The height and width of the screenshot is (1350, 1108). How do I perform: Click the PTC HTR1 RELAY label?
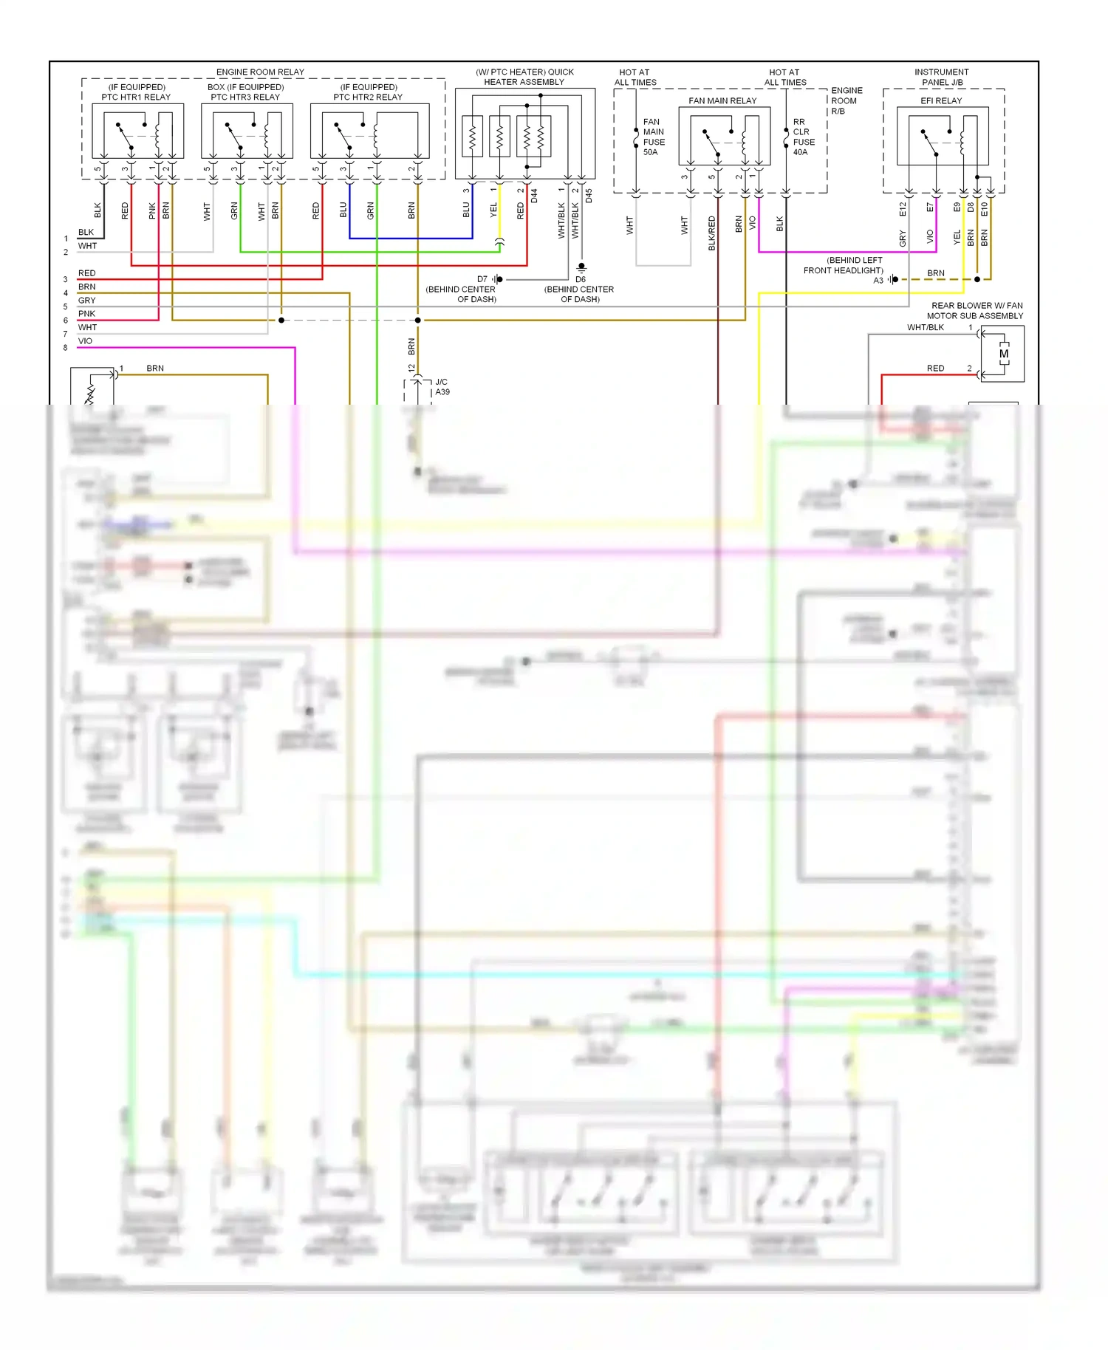tap(136, 97)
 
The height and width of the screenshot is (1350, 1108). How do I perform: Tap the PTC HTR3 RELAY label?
tap(245, 97)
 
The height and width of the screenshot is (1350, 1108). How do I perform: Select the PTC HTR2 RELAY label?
tap(368, 97)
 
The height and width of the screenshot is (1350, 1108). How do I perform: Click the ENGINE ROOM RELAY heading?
tap(260, 72)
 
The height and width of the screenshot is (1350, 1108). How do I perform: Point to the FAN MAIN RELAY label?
tap(722, 100)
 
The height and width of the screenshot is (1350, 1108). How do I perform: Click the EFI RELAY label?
tap(941, 100)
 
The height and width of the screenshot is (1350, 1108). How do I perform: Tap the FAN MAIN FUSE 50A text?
tap(653, 137)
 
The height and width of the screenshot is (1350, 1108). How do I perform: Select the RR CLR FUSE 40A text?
tap(803, 137)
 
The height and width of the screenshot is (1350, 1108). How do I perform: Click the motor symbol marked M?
tap(1004, 354)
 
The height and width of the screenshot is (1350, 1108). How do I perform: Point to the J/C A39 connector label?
tap(442, 387)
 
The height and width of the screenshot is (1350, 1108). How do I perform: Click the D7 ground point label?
tap(482, 279)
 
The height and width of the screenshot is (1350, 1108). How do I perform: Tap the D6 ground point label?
tap(581, 279)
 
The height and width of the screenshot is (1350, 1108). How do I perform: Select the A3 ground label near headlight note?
tap(878, 280)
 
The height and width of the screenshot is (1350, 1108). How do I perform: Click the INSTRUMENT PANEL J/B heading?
tap(942, 77)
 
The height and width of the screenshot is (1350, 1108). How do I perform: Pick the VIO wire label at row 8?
tap(86, 341)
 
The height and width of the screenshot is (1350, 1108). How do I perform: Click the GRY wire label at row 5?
tap(86, 301)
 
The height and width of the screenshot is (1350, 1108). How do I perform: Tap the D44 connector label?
tap(534, 196)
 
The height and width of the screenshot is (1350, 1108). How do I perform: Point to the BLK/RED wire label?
tap(712, 233)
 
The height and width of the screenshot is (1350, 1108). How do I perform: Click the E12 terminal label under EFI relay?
tap(903, 209)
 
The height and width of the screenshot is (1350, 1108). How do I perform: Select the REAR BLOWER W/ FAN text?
tap(977, 305)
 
